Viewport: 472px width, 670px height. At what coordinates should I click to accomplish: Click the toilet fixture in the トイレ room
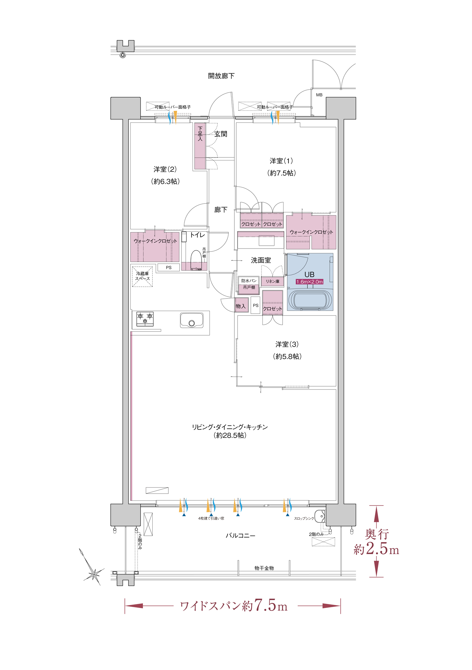[x=196, y=260]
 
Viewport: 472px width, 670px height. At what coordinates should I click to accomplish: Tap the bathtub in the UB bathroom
[x=310, y=299]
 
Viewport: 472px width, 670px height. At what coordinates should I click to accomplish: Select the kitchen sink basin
[x=192, y=321]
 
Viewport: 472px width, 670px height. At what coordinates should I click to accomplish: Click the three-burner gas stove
[x=145, y=319]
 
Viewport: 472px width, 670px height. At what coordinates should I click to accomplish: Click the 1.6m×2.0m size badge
[x=310, y=282]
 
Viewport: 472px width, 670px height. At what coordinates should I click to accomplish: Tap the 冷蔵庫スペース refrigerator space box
[x=142, y=276]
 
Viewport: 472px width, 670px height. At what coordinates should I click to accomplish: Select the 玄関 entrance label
[x=221, y=134]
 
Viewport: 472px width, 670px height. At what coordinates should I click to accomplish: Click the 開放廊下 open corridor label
[x=221, y=76]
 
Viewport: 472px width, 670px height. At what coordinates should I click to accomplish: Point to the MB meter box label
[x=319, y=95]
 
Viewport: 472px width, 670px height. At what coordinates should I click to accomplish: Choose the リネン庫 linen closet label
[x=273, y=281]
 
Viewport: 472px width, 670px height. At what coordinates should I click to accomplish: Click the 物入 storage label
[x=241, y=306]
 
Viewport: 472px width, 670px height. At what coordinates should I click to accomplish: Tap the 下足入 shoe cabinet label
[x=200, y=134]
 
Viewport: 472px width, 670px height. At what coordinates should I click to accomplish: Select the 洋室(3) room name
[x=287, y=344]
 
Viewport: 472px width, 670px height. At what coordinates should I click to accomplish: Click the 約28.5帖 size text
[x=230, y=435]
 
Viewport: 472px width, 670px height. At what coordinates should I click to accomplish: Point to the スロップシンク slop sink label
[x=304, y=518]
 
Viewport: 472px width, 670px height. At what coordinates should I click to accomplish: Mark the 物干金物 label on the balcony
[x=264, y=568]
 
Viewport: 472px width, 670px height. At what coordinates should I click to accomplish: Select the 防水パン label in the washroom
[x=249, y=281]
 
